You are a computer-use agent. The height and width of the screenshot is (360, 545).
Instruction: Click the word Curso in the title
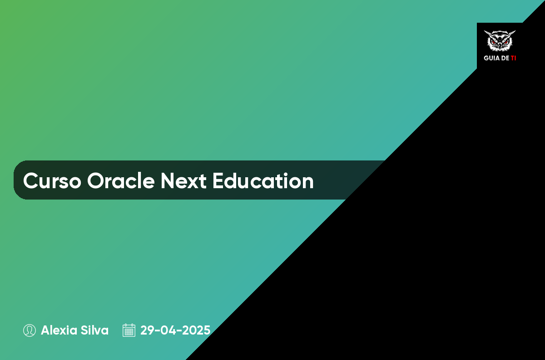(x=52, y=181)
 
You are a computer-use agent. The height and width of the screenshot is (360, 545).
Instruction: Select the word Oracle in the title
(x=121, y=180)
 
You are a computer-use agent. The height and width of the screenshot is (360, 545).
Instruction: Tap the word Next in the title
(x=183, y=181)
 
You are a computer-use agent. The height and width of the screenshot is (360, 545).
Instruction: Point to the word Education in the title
(x=263, y=180)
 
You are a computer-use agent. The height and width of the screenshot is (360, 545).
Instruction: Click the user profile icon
(x=30, y=330)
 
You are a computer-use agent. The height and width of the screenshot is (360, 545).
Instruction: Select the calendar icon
(x=129, y=330)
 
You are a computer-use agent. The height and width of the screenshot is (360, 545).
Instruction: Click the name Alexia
(x=59, y=330)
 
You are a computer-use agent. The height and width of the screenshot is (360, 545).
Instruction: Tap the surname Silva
(x=94, y=330)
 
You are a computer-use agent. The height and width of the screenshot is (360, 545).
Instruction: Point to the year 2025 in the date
(x=196, y=330)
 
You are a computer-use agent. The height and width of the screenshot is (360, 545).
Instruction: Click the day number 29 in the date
(x=147, y=330)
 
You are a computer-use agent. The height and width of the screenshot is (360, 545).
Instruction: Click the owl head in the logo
(x=500, y=40)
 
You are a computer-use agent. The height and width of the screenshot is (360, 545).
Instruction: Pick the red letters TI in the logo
(x=513, y=58)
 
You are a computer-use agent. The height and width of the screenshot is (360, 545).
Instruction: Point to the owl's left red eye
(x=494, y=42)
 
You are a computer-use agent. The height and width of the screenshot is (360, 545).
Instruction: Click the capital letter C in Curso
(x=31, y=180)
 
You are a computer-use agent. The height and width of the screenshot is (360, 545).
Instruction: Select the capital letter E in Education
(x=218, y=180)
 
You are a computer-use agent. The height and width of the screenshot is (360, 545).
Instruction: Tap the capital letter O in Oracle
(x=96, y=180)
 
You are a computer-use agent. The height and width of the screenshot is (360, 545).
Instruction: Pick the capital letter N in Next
(x=168, y=180)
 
